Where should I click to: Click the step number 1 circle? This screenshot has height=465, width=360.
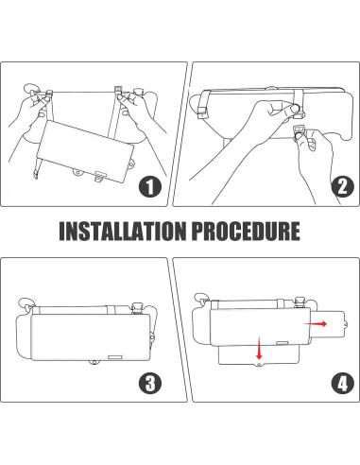coord(150,186)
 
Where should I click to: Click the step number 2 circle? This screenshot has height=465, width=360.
coord(343,186)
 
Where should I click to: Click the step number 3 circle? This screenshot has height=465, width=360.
coord(150,383)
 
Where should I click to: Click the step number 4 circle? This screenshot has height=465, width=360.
coord(343,383)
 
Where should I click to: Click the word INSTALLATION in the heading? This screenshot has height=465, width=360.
coord(123,232)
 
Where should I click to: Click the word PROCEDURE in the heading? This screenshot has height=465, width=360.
coord(246,232)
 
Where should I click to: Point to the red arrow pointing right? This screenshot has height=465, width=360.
coord(316,324)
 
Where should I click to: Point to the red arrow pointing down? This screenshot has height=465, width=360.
coord(259,348)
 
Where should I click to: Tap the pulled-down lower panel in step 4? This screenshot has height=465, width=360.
coord(258,356)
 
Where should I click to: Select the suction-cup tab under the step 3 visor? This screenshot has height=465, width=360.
coord(94,363)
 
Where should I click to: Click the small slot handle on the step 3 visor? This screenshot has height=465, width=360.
coord(115,357)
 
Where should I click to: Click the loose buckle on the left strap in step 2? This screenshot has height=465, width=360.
coord(202,112)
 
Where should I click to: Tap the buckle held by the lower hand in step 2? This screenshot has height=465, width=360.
coord(299,129)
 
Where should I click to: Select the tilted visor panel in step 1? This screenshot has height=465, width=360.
coord(85,151)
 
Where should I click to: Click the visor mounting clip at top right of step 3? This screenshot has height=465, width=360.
coord(137,308)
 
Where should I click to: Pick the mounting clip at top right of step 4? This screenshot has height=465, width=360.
coord(300,302)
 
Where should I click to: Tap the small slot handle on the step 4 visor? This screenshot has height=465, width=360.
coord(283,343)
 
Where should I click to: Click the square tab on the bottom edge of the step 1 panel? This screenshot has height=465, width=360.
coord(101,176)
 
